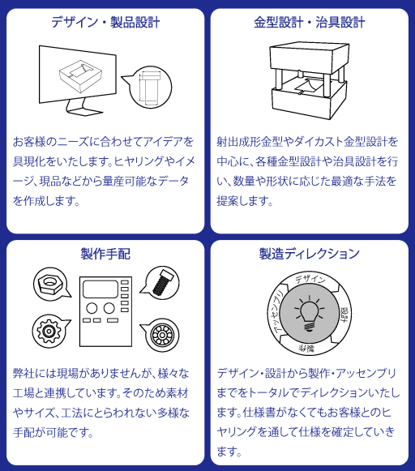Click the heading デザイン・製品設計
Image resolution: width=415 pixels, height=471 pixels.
[x=105, y=23]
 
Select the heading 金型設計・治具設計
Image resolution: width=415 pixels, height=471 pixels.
[x=310, y=23]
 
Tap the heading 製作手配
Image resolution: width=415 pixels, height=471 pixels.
[x=105, y=254]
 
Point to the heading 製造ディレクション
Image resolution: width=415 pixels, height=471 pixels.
[x=310, y=254]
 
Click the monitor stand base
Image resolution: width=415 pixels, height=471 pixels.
[x=85, y=112]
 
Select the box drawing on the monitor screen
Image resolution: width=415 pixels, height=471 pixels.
[x=80, y=75]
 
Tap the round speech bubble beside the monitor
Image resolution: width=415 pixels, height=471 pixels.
[x=149, y=87]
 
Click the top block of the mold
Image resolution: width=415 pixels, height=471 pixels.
[x=310, y=58]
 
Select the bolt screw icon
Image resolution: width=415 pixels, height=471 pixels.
[x=162, y=282]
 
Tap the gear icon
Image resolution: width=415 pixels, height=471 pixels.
[x=48, y=331]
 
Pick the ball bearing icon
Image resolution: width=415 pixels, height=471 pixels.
[x=162, y=335]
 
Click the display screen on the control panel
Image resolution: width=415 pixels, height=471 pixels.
[x=101, y=289]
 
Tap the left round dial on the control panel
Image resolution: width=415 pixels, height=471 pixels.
[x=92, y=308]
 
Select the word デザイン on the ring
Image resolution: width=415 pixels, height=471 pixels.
[x=310, y=279]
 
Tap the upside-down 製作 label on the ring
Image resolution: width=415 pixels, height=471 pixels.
[x=306, y=349]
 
